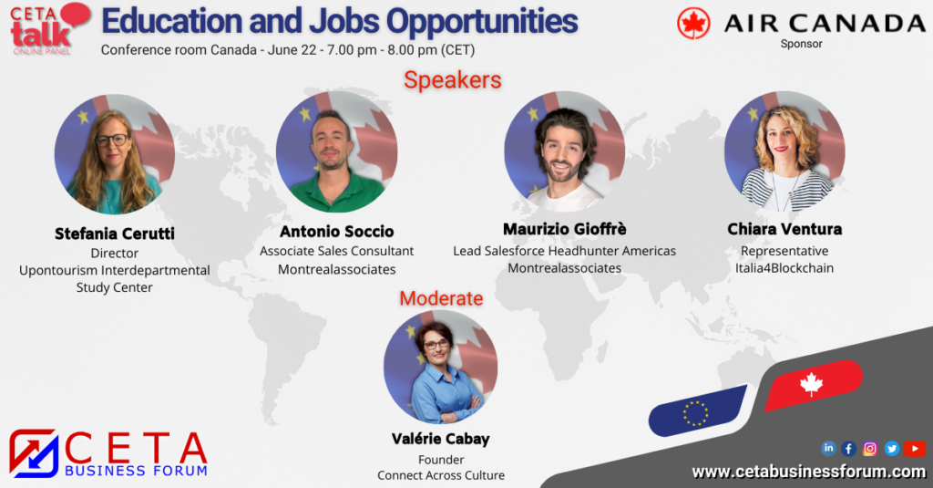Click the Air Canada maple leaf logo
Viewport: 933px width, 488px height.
693,24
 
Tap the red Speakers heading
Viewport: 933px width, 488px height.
453,80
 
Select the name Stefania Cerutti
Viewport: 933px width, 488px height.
115,234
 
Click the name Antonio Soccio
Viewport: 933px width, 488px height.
337,231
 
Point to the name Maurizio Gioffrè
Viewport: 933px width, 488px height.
565,229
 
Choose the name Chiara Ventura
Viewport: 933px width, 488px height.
784,229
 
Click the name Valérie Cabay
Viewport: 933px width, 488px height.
441,439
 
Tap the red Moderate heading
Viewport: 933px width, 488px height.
442,298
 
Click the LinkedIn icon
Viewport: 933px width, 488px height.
829,448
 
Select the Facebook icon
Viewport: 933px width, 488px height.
849,448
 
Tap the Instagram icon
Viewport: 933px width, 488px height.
870,448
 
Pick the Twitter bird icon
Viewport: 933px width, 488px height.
891,448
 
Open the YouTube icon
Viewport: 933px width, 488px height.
915,448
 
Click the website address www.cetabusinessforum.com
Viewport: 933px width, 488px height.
809,472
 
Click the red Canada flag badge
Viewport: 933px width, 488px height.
813,385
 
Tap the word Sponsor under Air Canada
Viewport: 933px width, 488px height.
802,44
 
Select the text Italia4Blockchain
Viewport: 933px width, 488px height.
784,268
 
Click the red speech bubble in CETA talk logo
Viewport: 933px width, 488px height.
76,15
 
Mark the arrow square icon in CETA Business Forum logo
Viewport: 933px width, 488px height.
34,453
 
